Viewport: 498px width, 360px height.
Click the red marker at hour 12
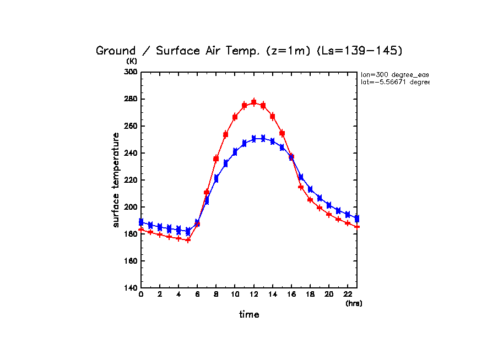(x=253, y=102)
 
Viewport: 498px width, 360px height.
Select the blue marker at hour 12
(x=253, y=138)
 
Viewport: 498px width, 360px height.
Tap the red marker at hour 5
(x=188, y=240)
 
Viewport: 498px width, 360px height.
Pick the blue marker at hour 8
(x=216, y=178)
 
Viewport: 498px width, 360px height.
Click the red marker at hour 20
(x=329, y=215)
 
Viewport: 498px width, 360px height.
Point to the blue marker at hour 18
(x=310, y=189)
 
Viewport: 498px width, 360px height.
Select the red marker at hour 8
(x=216, y=159)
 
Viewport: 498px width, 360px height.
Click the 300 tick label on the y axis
(x=129, y=72)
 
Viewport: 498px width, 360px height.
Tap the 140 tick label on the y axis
(x=129, y=288)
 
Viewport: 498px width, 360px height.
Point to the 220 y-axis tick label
(x=129, y=180)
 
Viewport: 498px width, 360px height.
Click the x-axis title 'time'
(x=249, y=315)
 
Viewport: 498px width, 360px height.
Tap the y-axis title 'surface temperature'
(x=116, y=179)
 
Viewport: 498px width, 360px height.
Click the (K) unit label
(x=132, y=61)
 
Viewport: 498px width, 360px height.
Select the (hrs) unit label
(x=354, y=303)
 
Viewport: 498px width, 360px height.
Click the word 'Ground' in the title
(x=116, y=51)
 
